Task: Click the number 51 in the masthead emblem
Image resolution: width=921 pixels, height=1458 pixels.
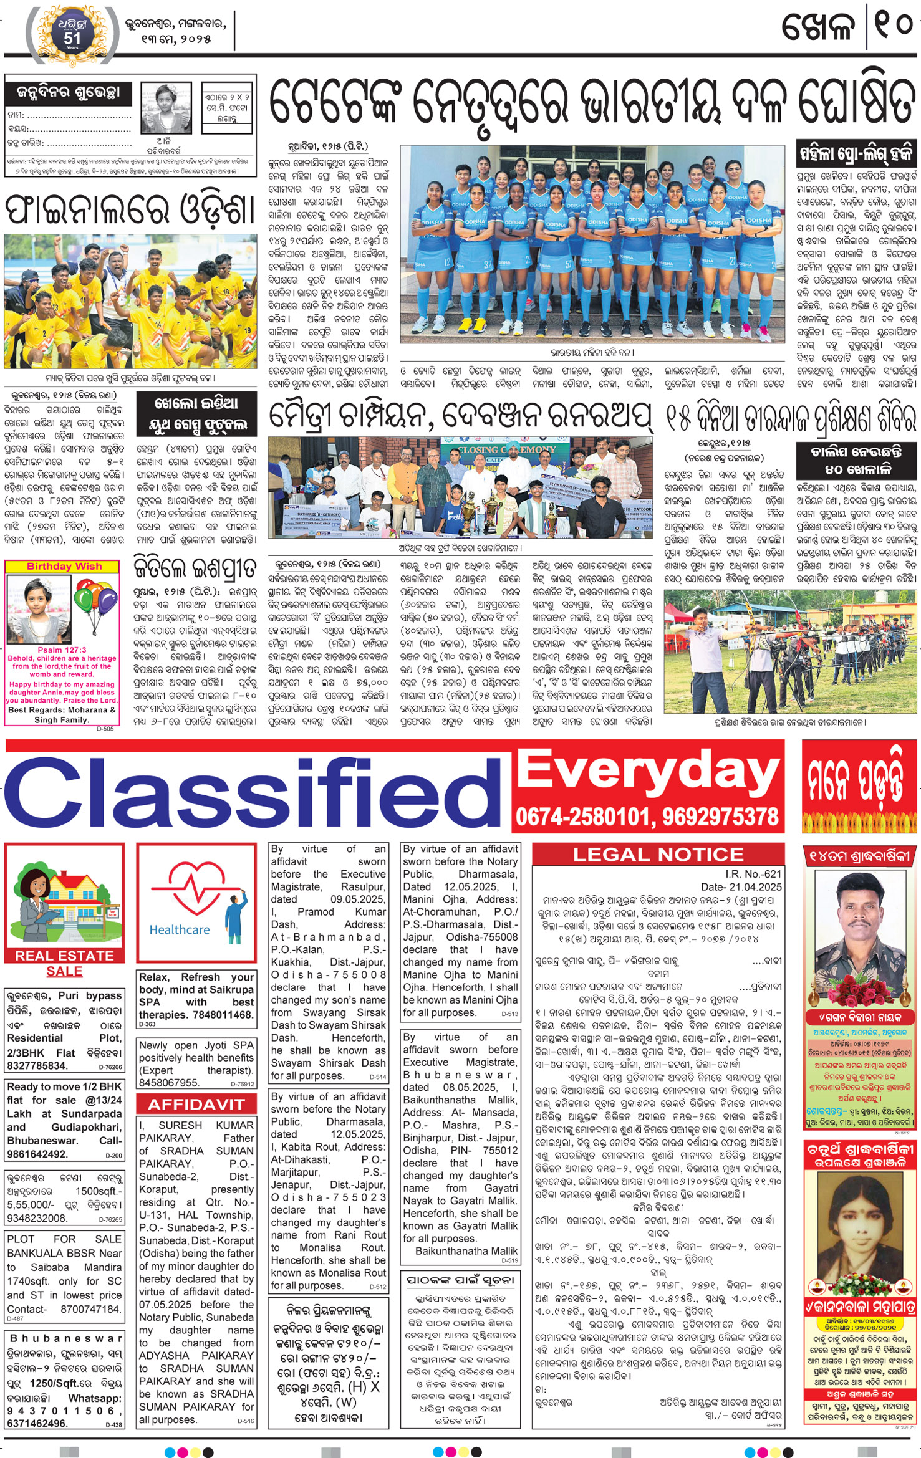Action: pyautogui.click(x=72, y=38)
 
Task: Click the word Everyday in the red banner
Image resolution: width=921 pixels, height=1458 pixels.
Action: pyautogui.click(x=648, y=772)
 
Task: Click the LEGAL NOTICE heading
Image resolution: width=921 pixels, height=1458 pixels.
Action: pyautogui.click(x=658, y=855)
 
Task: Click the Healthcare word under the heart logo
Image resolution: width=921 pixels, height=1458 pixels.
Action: pyautogui.click(x=180, y=929)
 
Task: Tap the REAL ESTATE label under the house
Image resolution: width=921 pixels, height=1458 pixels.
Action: pyautogui.click(x=64, y=956)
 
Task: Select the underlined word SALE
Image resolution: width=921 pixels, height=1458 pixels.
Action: pyautogui.click(x=64, y=971)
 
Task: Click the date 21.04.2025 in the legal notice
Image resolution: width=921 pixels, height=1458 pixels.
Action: pyautogui.click(x=758, y=887)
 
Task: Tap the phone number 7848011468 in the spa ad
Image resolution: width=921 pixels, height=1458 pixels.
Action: pyautogui.click(x=223, y=1015)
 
